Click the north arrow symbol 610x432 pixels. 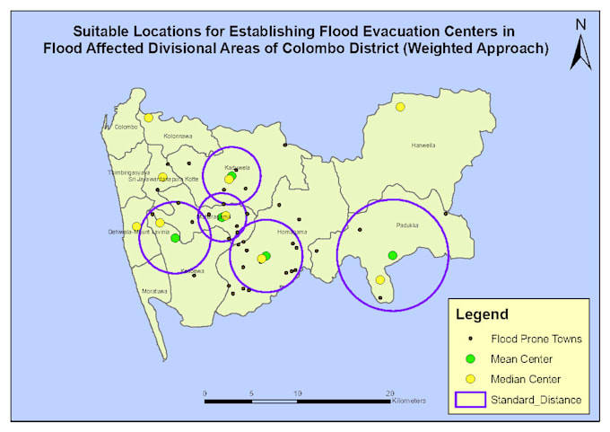tap(581, 45)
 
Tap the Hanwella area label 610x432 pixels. tap(423, 145)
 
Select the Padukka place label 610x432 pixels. tap(407, 226)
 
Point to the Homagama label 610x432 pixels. tap(292, 232)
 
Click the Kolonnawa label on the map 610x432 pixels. tap(179, 137)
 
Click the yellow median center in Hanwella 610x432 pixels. tap(400, 107)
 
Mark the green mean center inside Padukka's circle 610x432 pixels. tap(392, 256)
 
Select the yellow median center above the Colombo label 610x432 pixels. tap(148, 117)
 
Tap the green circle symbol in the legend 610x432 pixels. tap(472, 359)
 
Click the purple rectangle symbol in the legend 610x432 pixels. tap(471, 399)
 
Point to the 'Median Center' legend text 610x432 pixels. tap(526, 379)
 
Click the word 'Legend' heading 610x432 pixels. tap(483, 315)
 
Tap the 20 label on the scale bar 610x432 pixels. tap(389, 394)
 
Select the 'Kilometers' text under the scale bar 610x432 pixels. tap(409, 401)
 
